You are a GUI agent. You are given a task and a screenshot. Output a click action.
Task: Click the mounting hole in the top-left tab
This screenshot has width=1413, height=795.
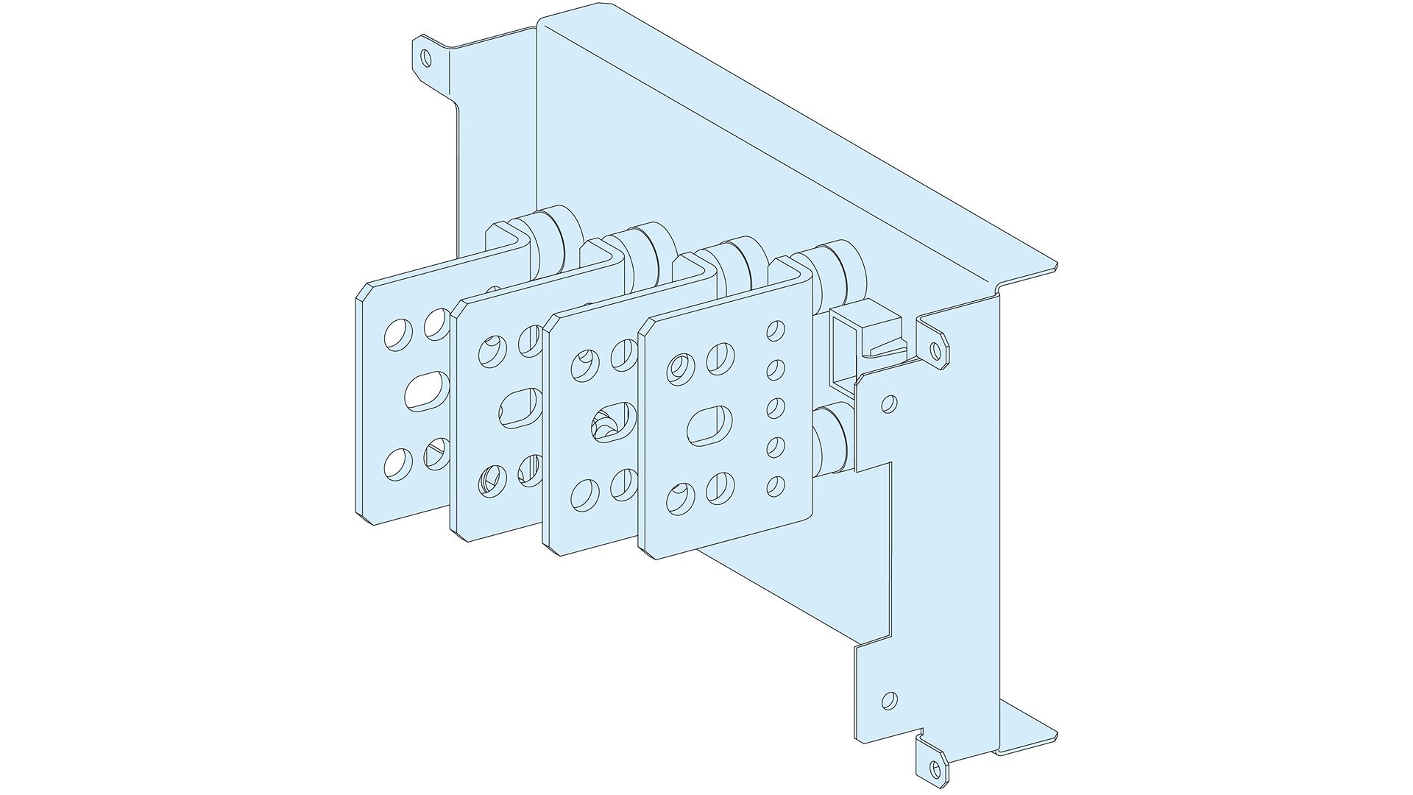tap(426, 57)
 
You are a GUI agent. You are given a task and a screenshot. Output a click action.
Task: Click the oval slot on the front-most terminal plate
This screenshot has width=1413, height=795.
tap(709, 425)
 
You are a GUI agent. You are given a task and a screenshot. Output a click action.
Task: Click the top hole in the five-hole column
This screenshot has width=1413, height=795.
tap(775, 330)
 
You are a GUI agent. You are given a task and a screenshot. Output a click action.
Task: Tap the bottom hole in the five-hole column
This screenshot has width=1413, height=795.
tap(774, 484)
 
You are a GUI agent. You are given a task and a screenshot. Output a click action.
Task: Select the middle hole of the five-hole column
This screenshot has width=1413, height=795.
tap(775, 406)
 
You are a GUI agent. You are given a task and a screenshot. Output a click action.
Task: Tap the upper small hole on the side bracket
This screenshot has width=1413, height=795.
tap(889, 403)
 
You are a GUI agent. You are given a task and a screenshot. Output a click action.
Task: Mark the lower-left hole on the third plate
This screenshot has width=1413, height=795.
tap(584, 494)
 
